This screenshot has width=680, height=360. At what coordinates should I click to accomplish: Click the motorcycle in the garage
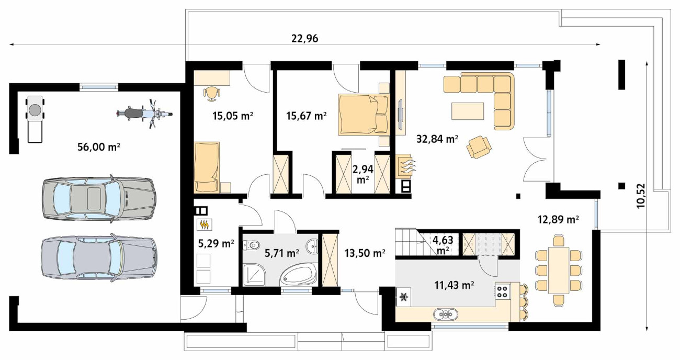144,114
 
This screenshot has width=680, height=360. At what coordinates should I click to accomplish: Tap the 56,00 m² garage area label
99,147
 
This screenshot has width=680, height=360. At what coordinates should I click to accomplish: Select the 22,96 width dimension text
304,39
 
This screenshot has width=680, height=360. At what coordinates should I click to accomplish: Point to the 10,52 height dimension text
641,196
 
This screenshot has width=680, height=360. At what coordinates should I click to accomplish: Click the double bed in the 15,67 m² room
364,114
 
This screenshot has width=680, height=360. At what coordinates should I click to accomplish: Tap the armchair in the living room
479,147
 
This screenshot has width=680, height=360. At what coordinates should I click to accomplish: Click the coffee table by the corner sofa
468,111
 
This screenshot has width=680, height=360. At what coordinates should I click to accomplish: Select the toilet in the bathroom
252,245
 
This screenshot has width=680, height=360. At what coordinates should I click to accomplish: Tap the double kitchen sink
446,314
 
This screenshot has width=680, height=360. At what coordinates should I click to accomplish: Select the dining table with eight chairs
559,271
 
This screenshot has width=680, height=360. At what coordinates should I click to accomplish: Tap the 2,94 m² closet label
363,174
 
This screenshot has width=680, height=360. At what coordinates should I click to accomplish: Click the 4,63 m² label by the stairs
443,245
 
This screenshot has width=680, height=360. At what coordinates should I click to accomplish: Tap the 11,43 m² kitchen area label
454,285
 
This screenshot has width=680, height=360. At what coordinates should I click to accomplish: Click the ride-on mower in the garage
35,119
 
